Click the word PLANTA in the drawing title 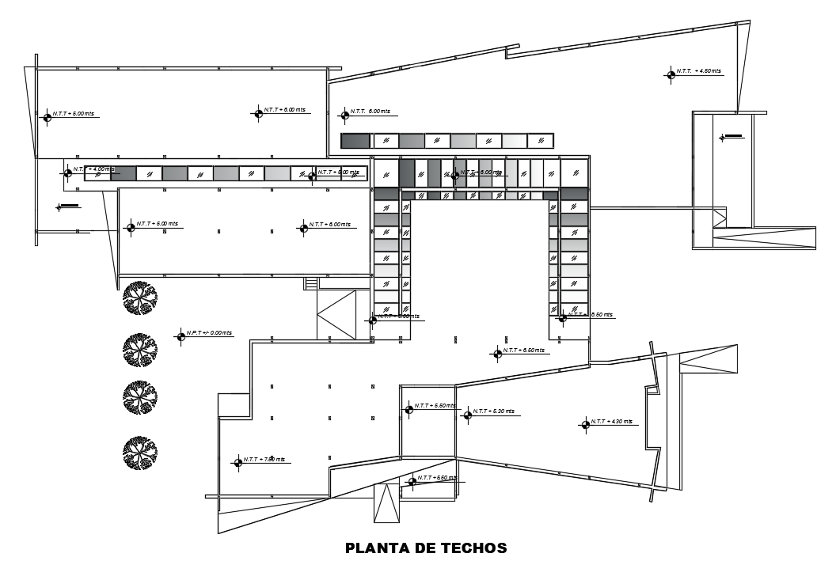point(374,548)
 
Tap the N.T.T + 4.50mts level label point(699,71)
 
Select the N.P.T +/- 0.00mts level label point(210,333)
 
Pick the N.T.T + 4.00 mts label point(93,169)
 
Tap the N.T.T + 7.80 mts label point(264,459)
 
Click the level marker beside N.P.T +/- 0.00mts point(180,335)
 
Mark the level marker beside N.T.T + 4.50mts point(671,74)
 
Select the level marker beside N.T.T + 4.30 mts point(586,424)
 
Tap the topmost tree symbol point(140,298)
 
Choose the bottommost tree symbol point(140,452)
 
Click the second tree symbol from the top point(140,349)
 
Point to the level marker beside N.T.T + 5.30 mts point(467,414)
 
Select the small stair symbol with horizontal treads point(311,283)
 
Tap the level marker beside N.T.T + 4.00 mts point(68,172)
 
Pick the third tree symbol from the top point(140,398)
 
